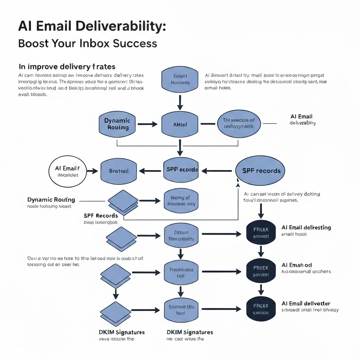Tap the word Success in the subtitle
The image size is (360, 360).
(x=135, y=43)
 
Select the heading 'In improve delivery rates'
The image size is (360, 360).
(x=67, y=66)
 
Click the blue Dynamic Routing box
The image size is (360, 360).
(x=117, y=124)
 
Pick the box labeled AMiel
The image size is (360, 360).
(x=180, y=124)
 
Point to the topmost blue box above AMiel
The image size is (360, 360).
(x=180, y=79)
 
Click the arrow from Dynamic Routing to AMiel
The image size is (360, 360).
(x=147, y=124)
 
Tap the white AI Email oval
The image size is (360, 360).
(x=67, y=171)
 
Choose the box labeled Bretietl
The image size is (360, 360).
(x=118, y=171)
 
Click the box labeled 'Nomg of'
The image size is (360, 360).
(x=181, y=201)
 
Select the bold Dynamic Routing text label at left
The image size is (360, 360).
(x=51, y=200)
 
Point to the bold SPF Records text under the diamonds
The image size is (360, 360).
(x=101, y=216)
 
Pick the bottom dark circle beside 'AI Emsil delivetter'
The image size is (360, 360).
(x=261, y=309)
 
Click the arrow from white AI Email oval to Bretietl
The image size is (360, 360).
(x=92, y=171)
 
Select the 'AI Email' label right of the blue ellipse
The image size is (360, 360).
(x=301, y=116)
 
